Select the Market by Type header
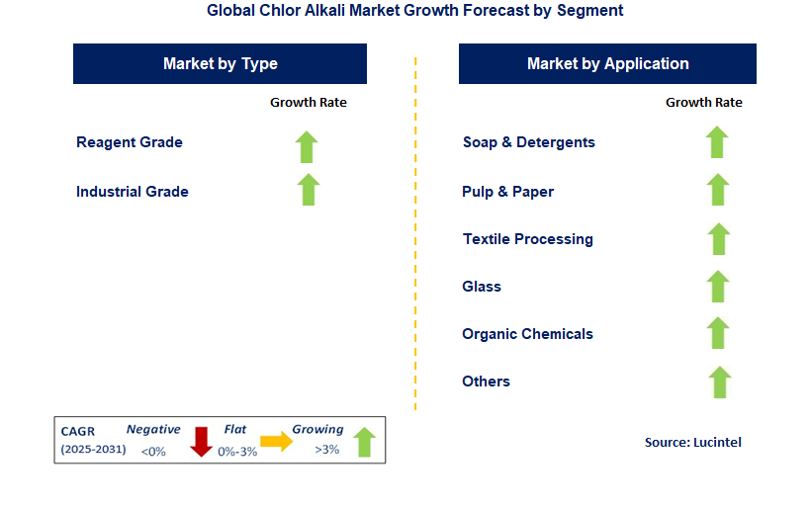coord(220,63)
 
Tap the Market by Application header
coord(607,63)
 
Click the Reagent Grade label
coord(130,142)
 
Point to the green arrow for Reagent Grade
coord(307,146)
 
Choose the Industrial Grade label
coord(133,192)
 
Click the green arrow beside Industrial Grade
coord(309,189)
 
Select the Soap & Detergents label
coord(529,142)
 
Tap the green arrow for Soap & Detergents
coord(717,142)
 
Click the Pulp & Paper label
coord(507,192)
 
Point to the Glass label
coord(482,287)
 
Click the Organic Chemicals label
coord(527,334)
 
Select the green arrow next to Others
coord(720,382)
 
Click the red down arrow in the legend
coord(202,441)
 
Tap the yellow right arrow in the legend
coord(276,442)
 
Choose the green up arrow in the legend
coord(364,442)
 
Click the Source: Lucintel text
coord(692,442)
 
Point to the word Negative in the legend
coord(153,430)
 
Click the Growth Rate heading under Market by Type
coord(309,102)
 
